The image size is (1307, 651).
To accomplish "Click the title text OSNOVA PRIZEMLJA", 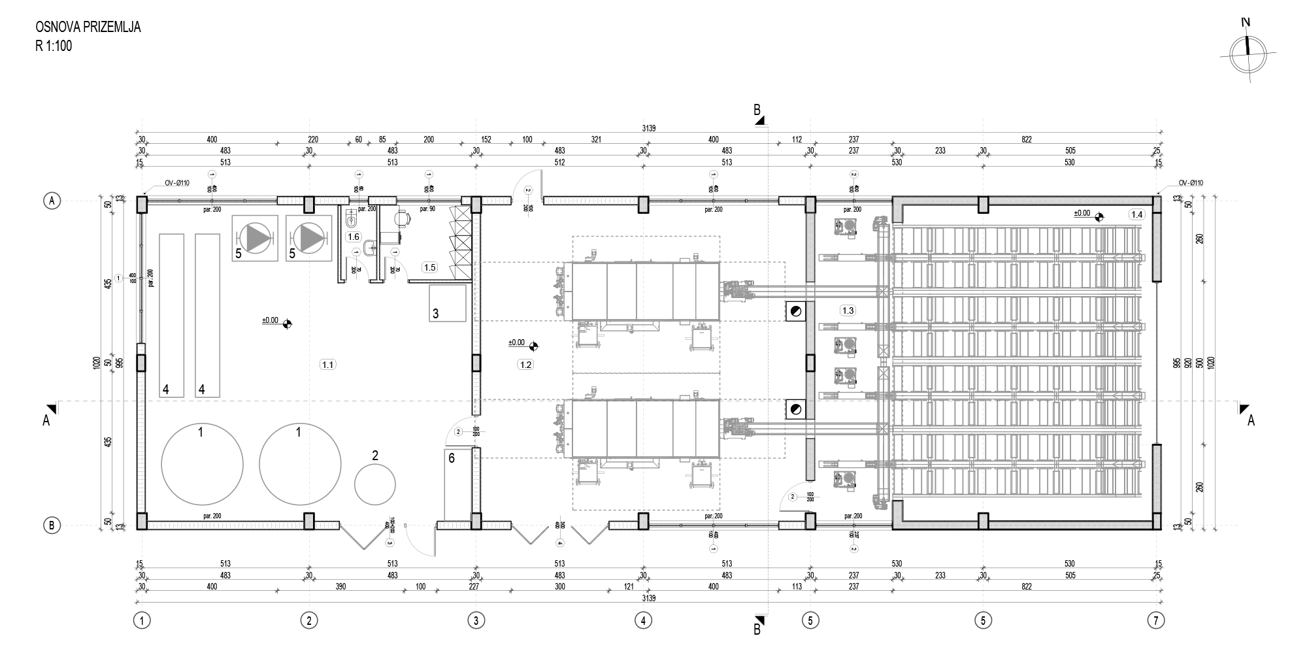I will (88, 27).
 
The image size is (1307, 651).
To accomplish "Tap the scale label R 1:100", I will (54, 46).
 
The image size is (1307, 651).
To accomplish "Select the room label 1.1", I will (327, 365).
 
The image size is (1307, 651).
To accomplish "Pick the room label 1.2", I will (525, 365).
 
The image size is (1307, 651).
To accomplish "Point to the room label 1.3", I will (848, 310).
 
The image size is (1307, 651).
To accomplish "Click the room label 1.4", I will (1136, 214).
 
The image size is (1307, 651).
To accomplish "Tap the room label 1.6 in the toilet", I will (354, 237).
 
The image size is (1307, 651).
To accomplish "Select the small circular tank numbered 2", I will (375, 484).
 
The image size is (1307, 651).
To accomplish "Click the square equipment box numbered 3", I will (448, 303).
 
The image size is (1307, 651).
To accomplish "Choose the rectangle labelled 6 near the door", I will (457, 484).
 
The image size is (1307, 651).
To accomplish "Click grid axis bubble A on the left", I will (52, 201).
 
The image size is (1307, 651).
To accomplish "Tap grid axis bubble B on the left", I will (52, 524).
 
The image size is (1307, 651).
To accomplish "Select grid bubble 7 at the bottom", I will (1156, 620).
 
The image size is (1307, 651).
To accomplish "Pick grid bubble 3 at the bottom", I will (476, 620).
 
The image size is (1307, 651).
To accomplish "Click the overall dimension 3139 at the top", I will (648, 129).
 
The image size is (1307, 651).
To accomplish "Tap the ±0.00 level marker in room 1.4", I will (1089, 214).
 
